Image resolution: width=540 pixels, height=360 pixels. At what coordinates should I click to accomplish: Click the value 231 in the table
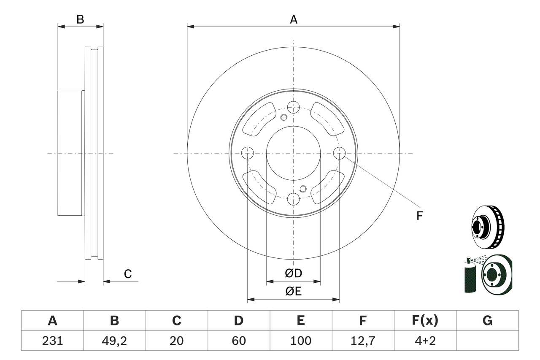[53, 341]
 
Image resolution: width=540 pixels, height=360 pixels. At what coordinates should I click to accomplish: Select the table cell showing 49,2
[114, 341]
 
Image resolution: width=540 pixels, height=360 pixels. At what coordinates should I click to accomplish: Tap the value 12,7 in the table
[363, 341]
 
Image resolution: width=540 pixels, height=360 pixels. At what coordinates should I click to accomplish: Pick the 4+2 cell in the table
[425, 341]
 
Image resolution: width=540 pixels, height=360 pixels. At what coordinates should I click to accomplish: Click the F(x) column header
[425, 320]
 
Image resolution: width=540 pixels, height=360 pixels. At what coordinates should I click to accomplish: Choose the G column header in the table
[487, 320]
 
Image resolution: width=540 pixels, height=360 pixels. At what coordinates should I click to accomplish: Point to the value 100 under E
[301, 341]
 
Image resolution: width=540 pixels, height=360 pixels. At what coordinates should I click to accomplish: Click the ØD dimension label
[293, 273]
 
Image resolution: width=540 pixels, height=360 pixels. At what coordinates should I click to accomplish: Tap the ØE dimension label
[293, 292]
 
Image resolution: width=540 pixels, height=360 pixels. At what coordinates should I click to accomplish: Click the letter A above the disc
[294, 19]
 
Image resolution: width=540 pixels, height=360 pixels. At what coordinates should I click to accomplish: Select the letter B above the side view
[80, 19]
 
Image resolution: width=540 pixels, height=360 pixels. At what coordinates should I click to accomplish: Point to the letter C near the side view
[128, 274]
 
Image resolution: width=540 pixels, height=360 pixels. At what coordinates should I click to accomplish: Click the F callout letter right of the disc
[419, 216]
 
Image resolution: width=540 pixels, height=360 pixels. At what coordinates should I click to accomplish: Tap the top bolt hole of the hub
[293, 107]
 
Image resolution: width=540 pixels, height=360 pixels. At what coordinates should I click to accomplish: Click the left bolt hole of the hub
[248, 153]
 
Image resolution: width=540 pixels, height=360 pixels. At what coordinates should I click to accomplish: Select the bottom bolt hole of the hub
[293, 199]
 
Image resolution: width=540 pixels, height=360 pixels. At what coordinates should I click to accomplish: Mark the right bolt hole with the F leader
[340, 153]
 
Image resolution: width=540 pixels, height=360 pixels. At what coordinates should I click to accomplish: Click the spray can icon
[470, 275]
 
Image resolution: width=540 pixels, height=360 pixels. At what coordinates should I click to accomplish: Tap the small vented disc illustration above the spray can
[488, 227]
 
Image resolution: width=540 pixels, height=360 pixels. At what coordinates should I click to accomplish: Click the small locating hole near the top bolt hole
[284, 118]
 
